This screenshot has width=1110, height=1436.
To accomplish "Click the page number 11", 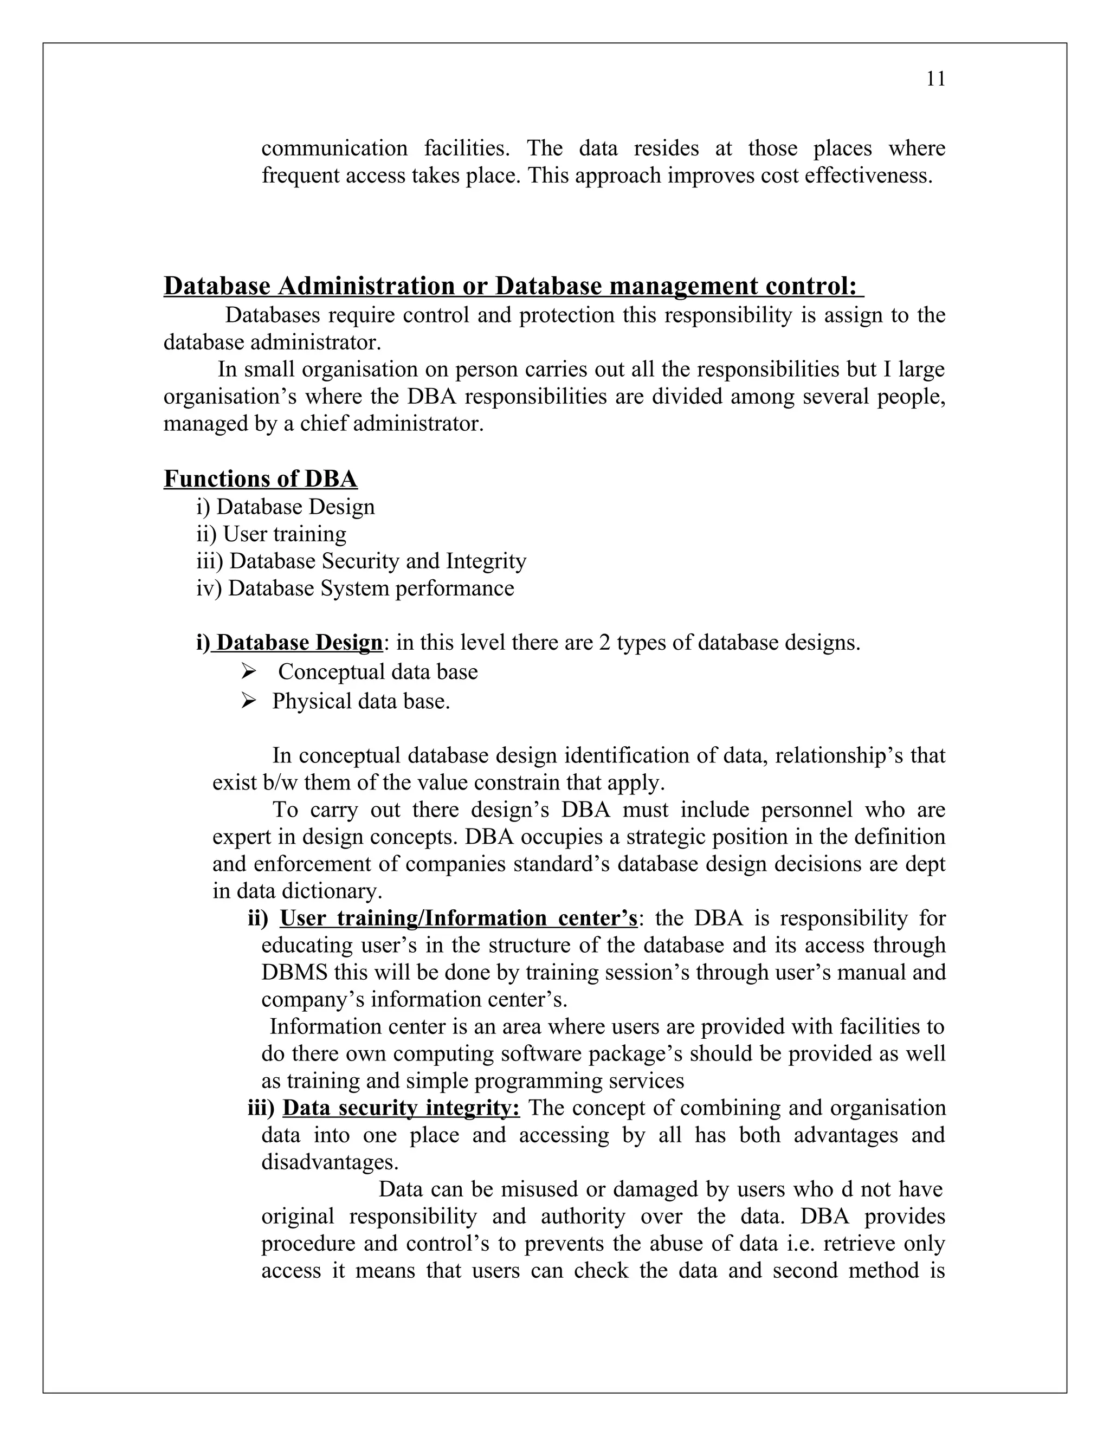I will tap(935, 80).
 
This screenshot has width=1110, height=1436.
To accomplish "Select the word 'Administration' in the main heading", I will tap(366, 287).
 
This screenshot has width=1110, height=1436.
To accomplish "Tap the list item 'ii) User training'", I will tap(271, 534).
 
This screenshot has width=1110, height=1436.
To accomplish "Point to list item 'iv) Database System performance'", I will tap(355, 588).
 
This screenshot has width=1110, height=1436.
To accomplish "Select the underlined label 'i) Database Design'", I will tap(289, 642).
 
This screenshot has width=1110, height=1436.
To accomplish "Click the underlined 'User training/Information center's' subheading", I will tap(459, 918).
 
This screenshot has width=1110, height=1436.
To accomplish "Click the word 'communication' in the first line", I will tap(334, 148).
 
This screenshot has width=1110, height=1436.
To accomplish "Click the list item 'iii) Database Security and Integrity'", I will tap(361, 561).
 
